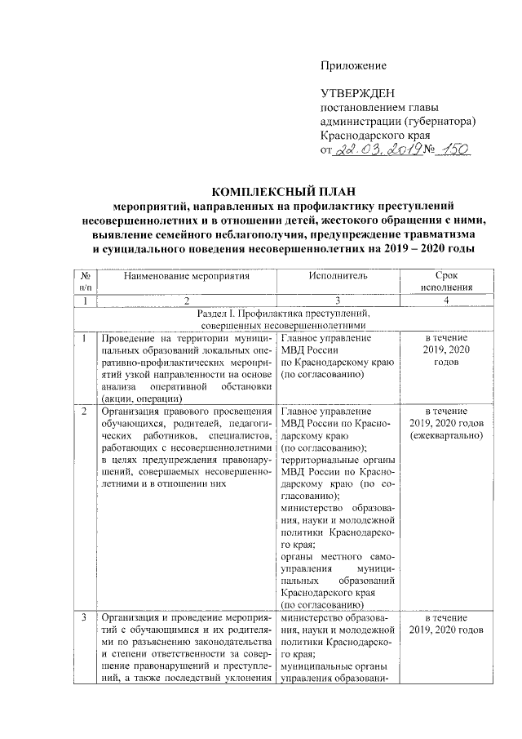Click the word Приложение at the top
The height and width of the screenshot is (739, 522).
pos(353,65)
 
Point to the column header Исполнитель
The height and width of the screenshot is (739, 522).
pos(338,276)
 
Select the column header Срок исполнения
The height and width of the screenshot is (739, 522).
pos(446,282)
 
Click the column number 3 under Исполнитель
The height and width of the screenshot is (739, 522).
pos(338,300)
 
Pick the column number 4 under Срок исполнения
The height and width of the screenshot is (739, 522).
pos(446,300)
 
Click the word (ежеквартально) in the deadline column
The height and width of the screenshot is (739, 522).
pos(446,435)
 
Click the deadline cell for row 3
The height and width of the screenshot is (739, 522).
pos(446,624)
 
